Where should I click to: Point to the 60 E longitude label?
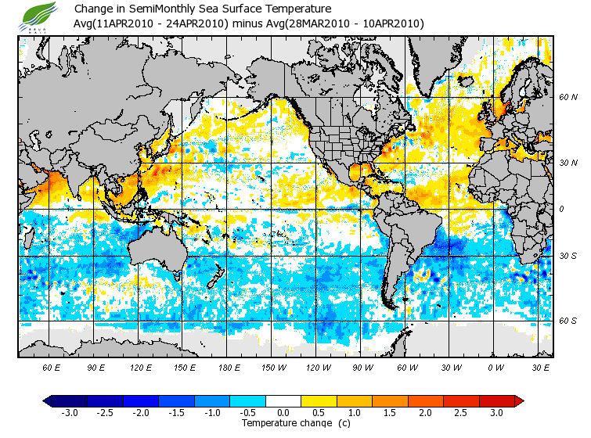[x=52, y=368]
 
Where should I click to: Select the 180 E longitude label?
[x=229, y=368]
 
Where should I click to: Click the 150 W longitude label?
[x=274, y=368]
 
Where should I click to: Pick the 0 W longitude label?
[x=496, y=368]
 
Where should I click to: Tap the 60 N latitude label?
[x=568, y=98]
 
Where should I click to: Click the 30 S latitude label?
[x=568, y=257]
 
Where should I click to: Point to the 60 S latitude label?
[x=568, y=321]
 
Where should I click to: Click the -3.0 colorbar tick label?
[x=69, y=412]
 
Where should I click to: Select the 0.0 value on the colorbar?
[x=283, y=412]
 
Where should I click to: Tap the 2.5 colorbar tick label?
[x=461, y=412]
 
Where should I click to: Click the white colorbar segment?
[x=283, y=400]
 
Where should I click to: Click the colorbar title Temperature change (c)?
[x=284, y=423]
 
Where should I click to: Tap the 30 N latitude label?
[x=568, y=163]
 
